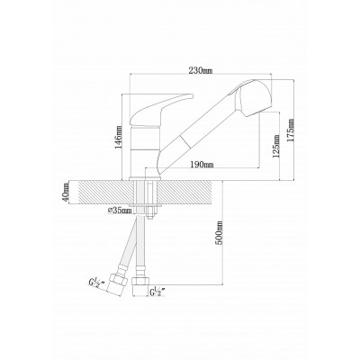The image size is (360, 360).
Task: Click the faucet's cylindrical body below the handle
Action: coord(144,148)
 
